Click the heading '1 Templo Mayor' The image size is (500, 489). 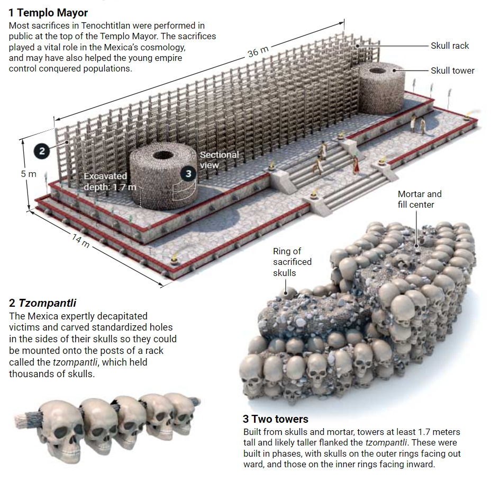(x=48, y=12)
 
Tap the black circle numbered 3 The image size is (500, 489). (x=187, y=173)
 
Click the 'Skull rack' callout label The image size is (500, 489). (x=450, y=46)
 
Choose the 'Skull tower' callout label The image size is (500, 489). (x=452, y=70)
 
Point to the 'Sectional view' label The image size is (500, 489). (x=219, y=159)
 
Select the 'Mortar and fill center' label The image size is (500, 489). (x=419, y=199)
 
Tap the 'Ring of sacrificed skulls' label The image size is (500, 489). (x=292, y=262)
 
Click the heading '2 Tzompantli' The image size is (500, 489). (x=43, y=304)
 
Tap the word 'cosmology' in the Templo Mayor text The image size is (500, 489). (x=161, y=47)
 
